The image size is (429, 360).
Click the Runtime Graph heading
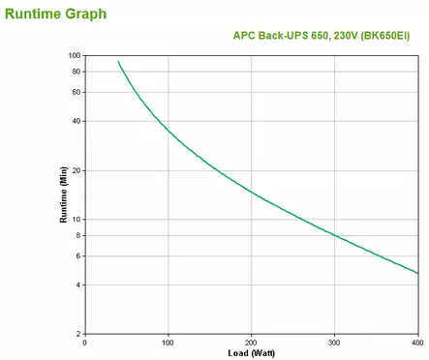(x=56, y=15)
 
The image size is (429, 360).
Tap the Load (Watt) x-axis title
(x=250, y=351)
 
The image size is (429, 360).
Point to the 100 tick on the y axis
(x=74, y=55)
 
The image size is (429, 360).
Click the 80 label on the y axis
(x=76, y=72)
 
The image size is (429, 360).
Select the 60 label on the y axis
(x=76, y=92)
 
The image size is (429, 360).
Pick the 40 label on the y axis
(x=76, y=121)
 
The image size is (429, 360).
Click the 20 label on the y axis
(x=76, y=170)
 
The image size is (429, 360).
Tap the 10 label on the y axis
(x=76, y=219)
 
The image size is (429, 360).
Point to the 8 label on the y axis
(x=78, y=234)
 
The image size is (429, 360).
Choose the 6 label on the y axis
(x=78, y=255)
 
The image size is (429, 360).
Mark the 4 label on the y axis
(x=78, y=285)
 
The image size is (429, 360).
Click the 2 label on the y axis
(x=78, y=333)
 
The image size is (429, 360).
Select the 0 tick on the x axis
(x=85, y=342)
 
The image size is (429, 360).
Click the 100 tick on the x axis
(x=169, y=342)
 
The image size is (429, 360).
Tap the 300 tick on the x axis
(x=334, y=342)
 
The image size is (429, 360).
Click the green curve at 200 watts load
(x=252, y=191)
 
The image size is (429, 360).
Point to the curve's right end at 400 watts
(x=417, y=273)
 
